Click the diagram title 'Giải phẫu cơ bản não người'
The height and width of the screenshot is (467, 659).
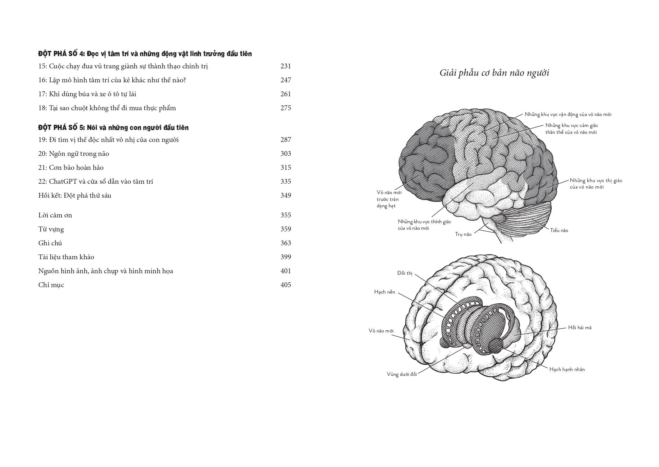494,73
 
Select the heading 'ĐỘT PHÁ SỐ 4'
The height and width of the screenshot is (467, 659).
61,54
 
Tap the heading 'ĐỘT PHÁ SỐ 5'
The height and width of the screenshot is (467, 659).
61,127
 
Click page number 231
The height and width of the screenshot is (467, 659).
286,66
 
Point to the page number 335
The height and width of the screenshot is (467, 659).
286,181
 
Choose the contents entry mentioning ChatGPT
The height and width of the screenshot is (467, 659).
96,181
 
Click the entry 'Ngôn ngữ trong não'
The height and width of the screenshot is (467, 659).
74,154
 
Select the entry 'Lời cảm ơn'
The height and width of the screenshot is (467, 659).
55,215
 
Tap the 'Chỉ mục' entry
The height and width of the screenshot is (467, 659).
51,285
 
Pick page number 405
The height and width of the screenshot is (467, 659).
286,285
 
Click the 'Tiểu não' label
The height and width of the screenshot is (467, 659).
559,230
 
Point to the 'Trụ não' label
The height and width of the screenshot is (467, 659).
463,234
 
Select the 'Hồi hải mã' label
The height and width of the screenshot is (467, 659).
580,328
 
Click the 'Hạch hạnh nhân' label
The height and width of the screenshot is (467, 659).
567,369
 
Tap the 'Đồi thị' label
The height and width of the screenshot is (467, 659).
405,273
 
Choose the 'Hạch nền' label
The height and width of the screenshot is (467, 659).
385,292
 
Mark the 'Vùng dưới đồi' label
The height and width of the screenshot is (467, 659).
402,374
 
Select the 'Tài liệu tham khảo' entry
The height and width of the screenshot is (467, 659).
66,257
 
